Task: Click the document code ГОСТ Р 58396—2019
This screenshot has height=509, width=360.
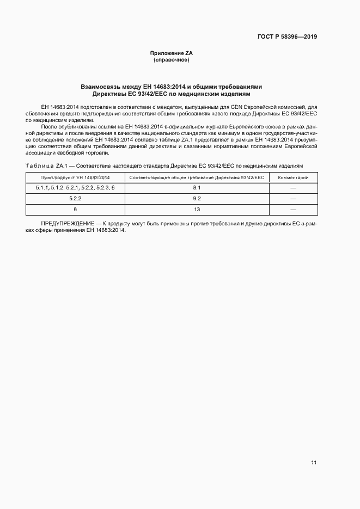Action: (x=287, y=37)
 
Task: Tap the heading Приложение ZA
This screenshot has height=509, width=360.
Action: (x=172, y=53)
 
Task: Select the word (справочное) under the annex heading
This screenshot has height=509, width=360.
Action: (x=172, y=59)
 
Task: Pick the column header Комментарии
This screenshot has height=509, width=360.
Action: (x=293, y=177)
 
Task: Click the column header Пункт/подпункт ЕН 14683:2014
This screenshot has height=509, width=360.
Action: (x=75, y=177)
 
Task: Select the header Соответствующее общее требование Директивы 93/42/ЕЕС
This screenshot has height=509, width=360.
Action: (x=197, y=177)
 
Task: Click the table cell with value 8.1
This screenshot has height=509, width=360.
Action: (x=197, y=188)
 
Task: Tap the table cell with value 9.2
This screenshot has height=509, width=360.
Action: (x=197, y=199)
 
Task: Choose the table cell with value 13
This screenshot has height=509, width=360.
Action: (x=197, y=210)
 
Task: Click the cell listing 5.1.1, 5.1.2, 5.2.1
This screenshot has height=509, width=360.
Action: (x=75, y=188)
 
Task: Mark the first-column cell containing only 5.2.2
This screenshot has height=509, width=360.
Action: (x=75, y=199)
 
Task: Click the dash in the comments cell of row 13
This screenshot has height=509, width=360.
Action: (x=293, y=210)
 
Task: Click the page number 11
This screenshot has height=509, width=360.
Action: (x=314, y=463)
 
